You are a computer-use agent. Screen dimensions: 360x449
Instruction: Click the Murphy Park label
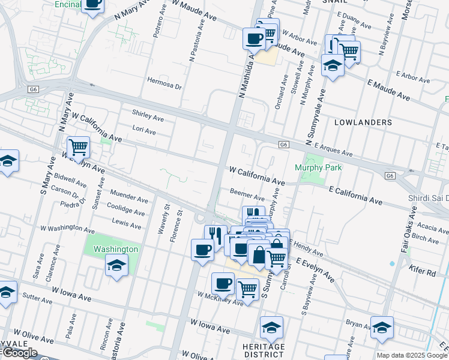318,167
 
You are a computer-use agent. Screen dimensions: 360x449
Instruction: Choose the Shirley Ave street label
148,118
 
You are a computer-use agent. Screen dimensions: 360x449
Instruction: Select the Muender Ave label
130,199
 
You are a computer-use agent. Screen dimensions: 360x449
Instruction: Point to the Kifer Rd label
423,272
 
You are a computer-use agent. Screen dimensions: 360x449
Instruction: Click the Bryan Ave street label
359,325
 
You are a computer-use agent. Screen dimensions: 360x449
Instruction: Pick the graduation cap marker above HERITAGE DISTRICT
271,327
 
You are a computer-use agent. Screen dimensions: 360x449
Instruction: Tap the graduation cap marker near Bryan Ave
382,327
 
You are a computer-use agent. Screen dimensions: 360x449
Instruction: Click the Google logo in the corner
19,353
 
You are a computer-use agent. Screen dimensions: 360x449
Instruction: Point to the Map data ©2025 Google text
412,356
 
